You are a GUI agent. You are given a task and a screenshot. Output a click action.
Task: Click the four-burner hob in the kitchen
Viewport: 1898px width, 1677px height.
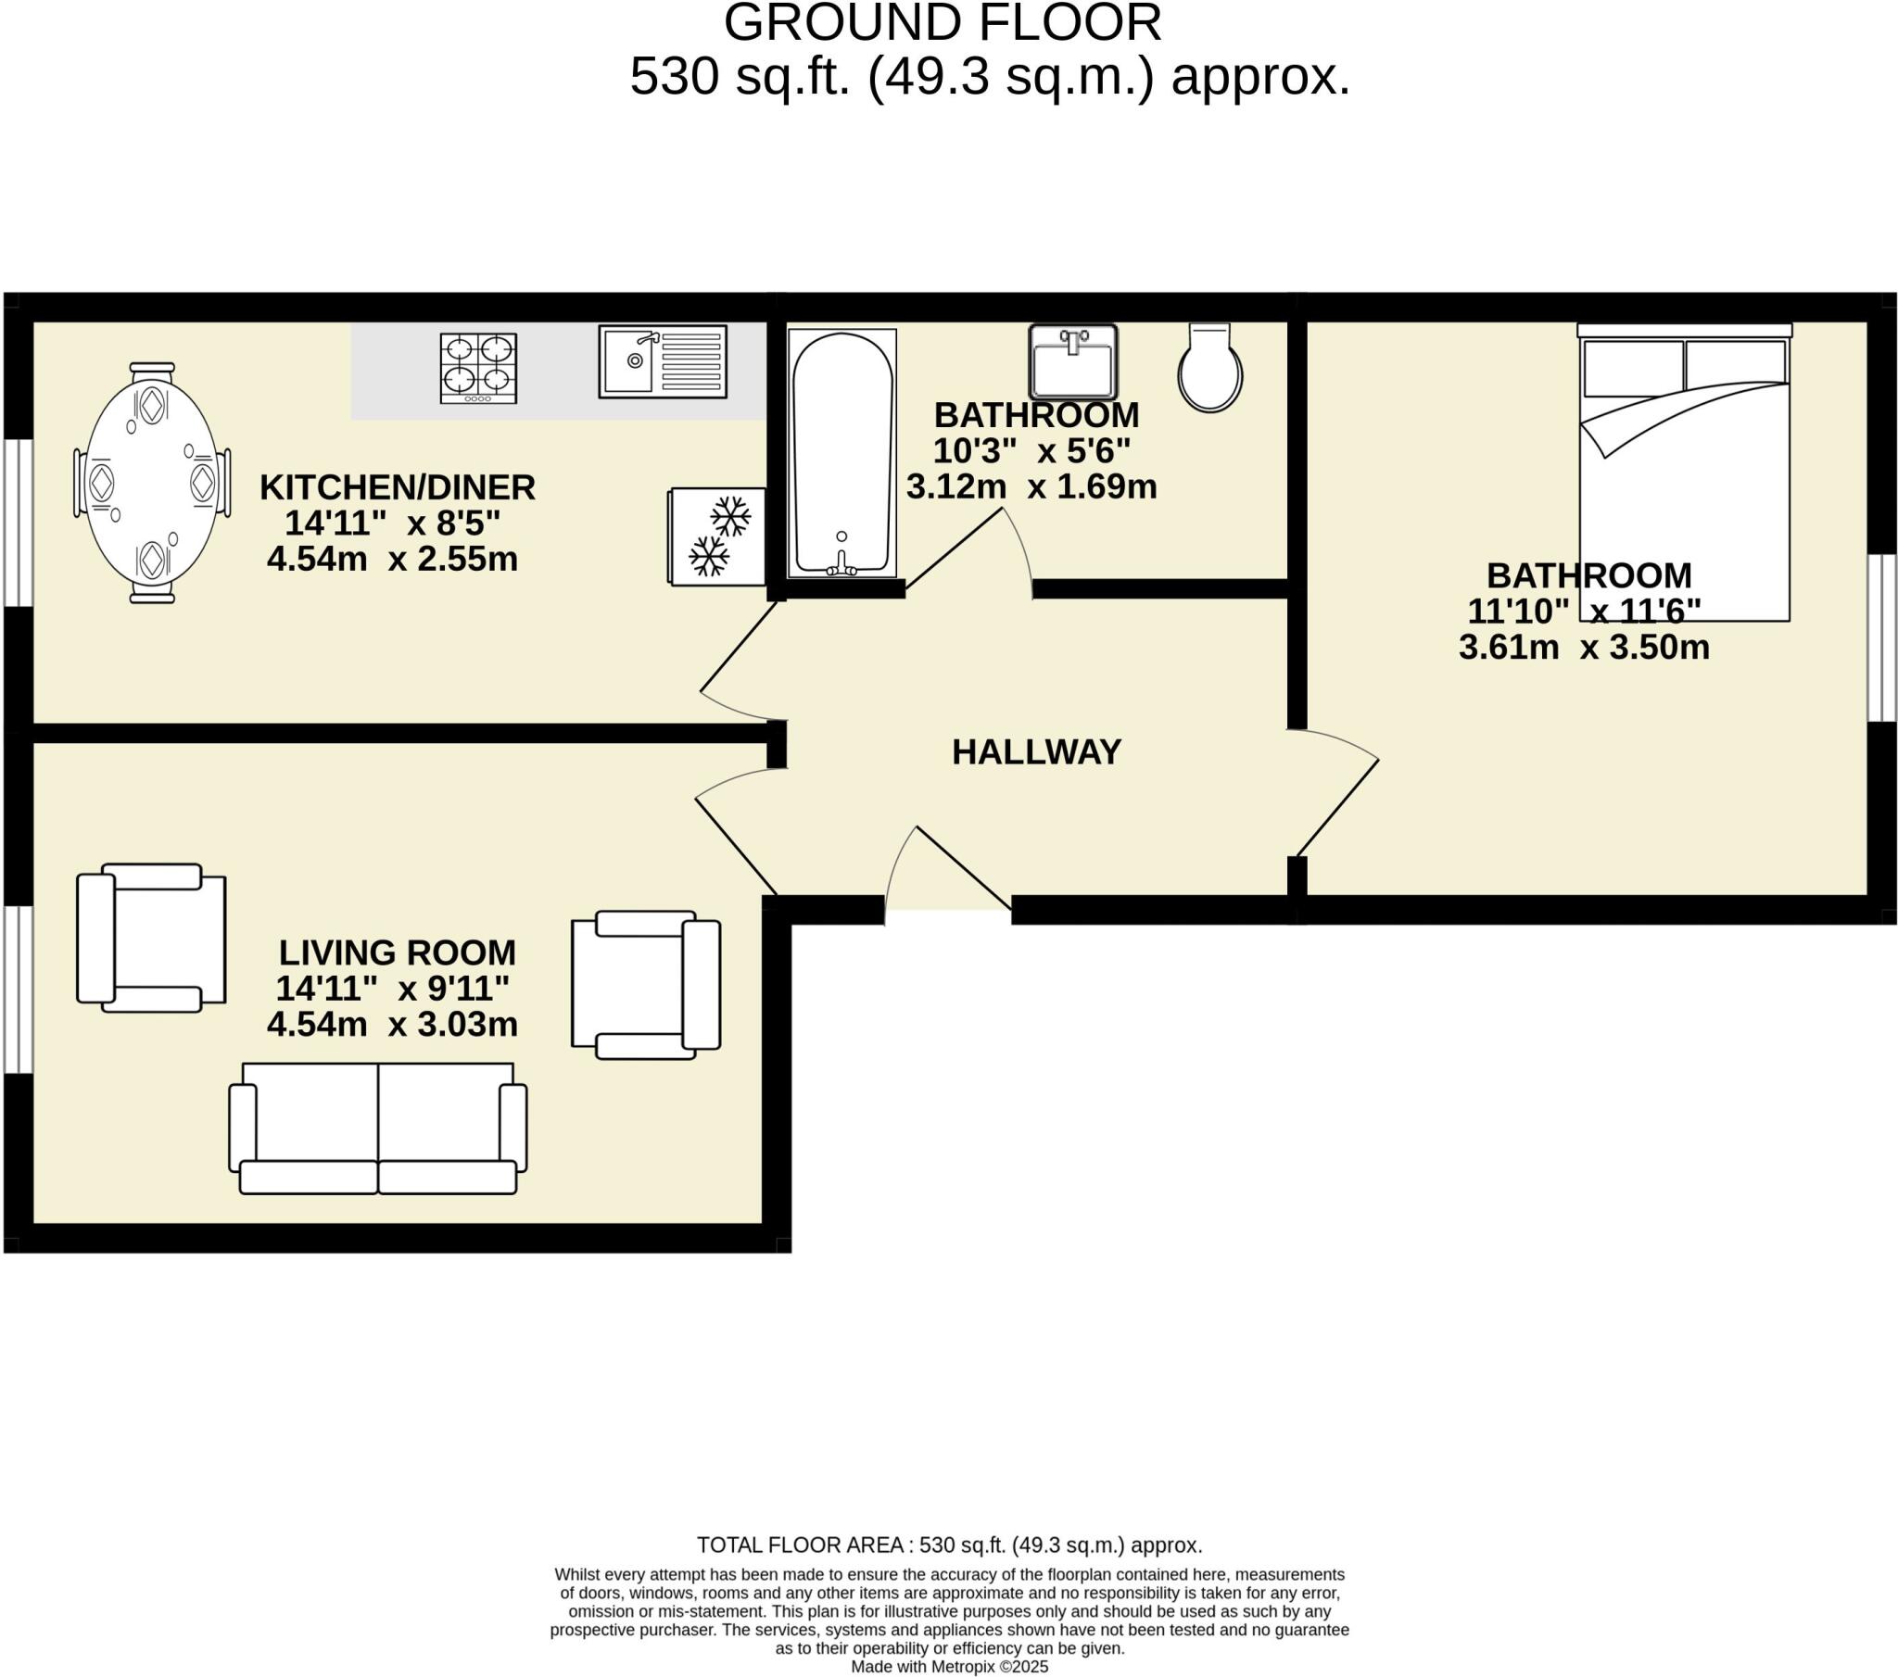point(478,369)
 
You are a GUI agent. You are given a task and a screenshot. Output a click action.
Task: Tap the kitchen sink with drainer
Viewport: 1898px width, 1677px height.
point(662,361)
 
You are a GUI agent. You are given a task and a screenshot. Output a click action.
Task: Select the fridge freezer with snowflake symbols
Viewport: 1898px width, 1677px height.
point(717,536)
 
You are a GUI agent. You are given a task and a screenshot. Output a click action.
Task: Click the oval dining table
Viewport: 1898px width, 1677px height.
point(152,483)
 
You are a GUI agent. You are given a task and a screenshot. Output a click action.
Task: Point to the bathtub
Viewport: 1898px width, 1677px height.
point(842,453)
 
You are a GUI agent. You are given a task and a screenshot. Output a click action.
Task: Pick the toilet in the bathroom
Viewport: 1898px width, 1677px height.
point(1210,368)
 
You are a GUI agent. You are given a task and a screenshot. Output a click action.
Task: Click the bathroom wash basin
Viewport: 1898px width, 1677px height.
point(1072,362)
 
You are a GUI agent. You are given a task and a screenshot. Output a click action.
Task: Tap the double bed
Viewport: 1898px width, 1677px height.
point(1685,472)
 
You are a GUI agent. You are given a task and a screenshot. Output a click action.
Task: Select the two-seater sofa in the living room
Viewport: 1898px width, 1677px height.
point(378,1129)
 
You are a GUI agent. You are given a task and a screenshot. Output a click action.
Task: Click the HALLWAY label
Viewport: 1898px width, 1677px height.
point(1036,752)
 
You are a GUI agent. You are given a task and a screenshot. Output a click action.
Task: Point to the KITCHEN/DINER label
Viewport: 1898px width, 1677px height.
point(398,487)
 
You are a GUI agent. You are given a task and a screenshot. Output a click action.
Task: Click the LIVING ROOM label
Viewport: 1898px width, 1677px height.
point(399,952)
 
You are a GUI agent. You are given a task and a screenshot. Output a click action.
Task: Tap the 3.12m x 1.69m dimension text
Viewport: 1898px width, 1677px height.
point(1031,486)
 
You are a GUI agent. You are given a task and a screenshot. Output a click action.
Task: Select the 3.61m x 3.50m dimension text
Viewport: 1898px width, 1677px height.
point(1584,648)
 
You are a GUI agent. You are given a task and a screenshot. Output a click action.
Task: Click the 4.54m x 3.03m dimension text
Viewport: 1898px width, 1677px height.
point(392,1024)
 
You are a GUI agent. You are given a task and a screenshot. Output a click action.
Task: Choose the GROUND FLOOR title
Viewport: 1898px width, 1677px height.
point(943,22)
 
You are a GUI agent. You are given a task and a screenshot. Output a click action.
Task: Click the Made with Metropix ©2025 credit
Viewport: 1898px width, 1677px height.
point(949,1667)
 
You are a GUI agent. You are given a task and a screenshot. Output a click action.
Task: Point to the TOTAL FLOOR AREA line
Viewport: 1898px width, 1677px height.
point(949,1545)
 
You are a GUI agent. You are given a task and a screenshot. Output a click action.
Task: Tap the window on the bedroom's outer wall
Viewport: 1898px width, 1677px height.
point(1882,638)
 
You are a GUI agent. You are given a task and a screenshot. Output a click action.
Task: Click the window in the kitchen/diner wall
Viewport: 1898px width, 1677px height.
point(18,523)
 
